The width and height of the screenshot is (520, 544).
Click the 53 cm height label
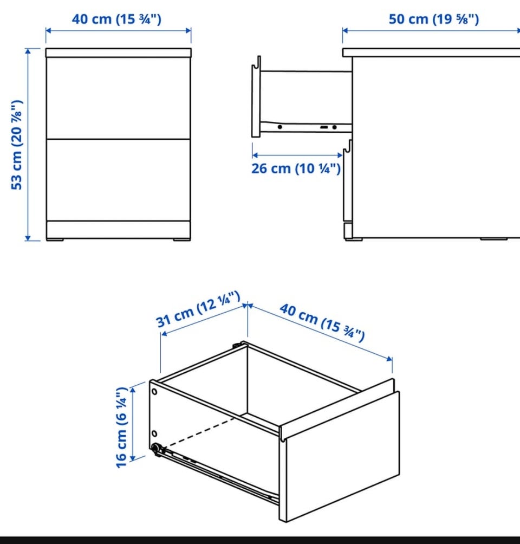point(17,145)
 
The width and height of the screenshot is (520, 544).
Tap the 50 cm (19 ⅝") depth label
point(434,19)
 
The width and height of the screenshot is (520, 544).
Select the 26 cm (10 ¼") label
point(296,169)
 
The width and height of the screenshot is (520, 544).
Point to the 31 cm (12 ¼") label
point(198,310)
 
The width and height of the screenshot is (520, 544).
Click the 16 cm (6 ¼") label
point(122,427)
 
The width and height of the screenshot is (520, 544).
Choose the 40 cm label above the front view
point(116,19)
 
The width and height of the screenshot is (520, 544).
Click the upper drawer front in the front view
point(118,98)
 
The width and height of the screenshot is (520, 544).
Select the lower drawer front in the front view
point(118,180)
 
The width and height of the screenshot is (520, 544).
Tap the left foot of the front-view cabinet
point(55,239)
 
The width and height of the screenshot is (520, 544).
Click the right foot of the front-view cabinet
point(182,239)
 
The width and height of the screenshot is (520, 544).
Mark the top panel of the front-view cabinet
point(118,53)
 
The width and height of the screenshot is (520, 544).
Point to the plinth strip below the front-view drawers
point(118,230)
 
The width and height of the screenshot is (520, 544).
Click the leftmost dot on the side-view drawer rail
point(279,127)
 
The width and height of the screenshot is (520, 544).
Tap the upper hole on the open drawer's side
point(154,392)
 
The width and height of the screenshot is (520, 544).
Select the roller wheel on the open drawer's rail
point(156,448)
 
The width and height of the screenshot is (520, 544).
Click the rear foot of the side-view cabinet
point(493,239)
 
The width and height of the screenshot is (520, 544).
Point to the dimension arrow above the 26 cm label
point(297,155)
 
